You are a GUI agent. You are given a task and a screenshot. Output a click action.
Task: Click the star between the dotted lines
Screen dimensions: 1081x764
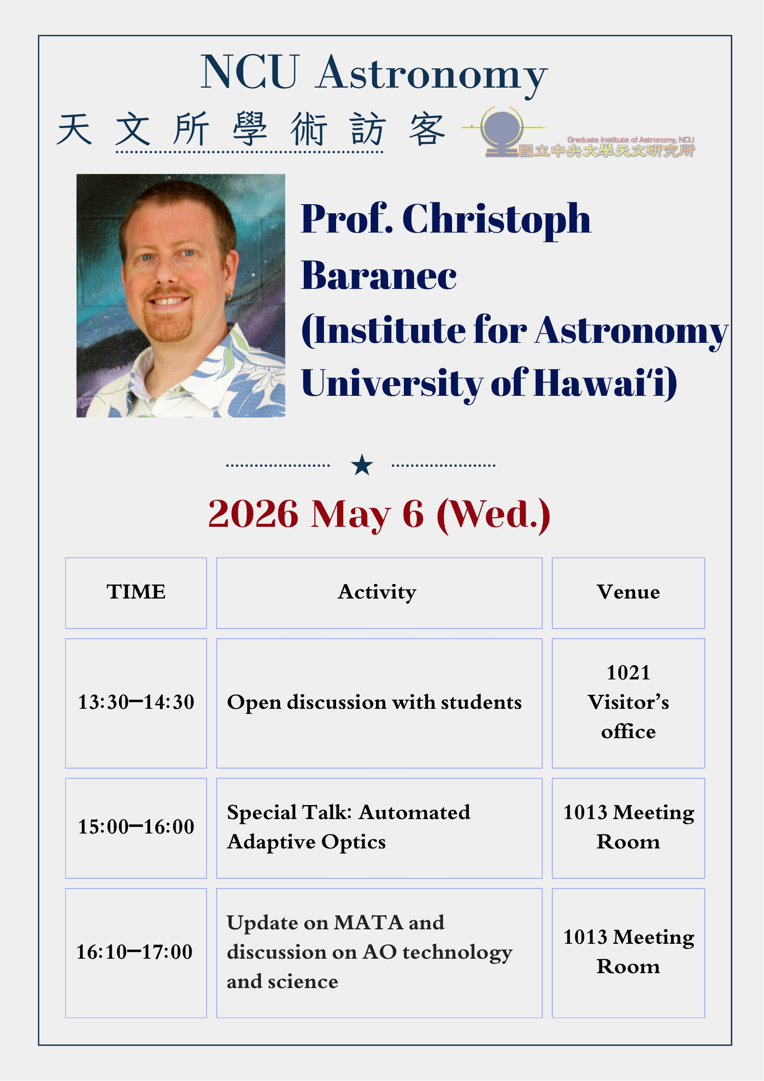pyautogui.click(x=362, y=465)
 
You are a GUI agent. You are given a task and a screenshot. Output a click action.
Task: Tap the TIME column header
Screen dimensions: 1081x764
pyautogui.click(x=136, y=592)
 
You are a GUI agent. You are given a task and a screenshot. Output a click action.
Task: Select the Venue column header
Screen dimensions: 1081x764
pyautogui.click(x=628, y=592)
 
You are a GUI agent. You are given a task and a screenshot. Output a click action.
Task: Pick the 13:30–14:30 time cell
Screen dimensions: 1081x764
pyautogui.click(x=136, y=703)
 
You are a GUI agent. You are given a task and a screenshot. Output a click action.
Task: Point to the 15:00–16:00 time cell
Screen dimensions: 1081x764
pyautogui.click(x=136, y=827)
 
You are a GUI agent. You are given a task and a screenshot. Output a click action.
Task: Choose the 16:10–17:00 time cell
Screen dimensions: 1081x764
pyautogui.click(x=135, y=952)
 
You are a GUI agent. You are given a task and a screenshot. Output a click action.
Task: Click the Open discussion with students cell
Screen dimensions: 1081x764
pyautogui.click(x=374, y=703)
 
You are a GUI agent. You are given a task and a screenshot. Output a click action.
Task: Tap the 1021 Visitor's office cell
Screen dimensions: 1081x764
pyautogui.click(x=628, y=703)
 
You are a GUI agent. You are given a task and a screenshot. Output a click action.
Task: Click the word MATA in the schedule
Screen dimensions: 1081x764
pyautogui.click(x=369, y=923)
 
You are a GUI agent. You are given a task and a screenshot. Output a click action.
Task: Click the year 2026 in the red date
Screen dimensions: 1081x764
pyautogui.click(x=253, y=515)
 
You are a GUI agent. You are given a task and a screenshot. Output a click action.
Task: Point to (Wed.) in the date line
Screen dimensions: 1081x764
pyautogui.click(x=493, y=515)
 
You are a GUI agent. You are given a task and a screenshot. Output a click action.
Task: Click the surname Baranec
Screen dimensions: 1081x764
pyautogui.click(x=379, y=276)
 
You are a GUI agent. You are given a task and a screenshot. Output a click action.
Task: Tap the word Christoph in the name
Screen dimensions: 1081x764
pyautogui.click(x=496, y=220)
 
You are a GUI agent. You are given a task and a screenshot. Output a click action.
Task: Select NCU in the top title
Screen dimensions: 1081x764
pyautogui.click(x=250, y=73)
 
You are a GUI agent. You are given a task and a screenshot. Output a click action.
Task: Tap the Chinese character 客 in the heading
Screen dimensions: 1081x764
pyautogui.click(x=427, y=130)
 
